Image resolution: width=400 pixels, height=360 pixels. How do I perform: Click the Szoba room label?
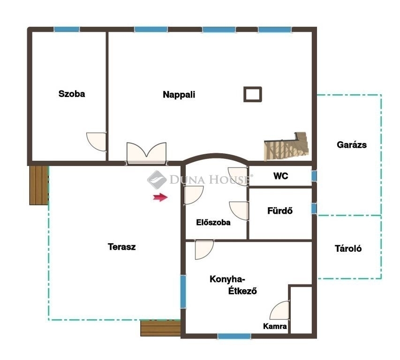click(x=72, y=94)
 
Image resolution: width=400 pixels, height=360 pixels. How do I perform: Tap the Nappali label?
click(x=179, y=95)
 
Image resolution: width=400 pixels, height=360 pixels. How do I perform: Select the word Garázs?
click(x=352, y=145)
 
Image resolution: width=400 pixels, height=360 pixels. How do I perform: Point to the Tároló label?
click(x=348, y=248)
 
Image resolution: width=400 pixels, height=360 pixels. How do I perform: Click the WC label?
click(x=280, y=176)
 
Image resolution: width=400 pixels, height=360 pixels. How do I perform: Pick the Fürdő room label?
click(x=280, y=211)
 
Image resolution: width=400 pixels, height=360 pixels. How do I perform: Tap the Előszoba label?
click(x=213, y=223)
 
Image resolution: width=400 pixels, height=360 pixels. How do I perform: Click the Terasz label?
click(x=121, y=247)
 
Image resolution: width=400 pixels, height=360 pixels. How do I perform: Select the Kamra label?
click(x=275, y=326)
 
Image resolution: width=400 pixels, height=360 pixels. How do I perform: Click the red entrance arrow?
click(x=160, y=197)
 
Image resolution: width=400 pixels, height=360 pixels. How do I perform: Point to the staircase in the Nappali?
click(x=286, y=146)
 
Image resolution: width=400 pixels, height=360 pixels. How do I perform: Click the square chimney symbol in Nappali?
click(x=253, y=94)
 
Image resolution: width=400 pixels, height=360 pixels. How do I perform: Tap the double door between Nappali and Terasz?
click(x=146, y=153)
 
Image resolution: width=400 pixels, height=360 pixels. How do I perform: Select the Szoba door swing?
click(x=96, y=142)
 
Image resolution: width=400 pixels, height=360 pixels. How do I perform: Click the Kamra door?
click(x=280, y=310)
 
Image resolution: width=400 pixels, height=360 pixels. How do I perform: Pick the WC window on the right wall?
click(x=314, y=176)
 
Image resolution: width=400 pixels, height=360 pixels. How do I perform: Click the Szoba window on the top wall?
click(x=67, y=30)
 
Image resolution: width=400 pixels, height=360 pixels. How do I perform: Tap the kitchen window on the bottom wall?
click(x=234, y=336)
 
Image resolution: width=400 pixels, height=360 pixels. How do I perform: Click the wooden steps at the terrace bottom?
click(x=160, y=328)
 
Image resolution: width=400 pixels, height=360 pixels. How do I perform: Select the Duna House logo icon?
click(x=157, y=180)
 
